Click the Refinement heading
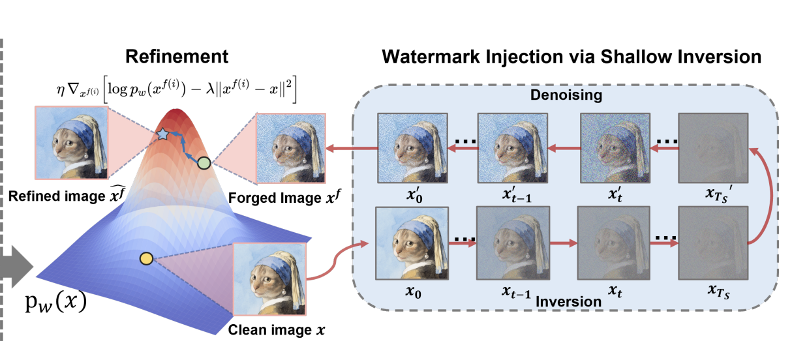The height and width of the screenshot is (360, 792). click(x=177, y=57)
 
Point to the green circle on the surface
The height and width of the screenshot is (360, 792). click(x=203, y=163)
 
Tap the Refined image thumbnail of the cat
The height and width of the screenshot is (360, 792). click(x=71, y=142)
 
